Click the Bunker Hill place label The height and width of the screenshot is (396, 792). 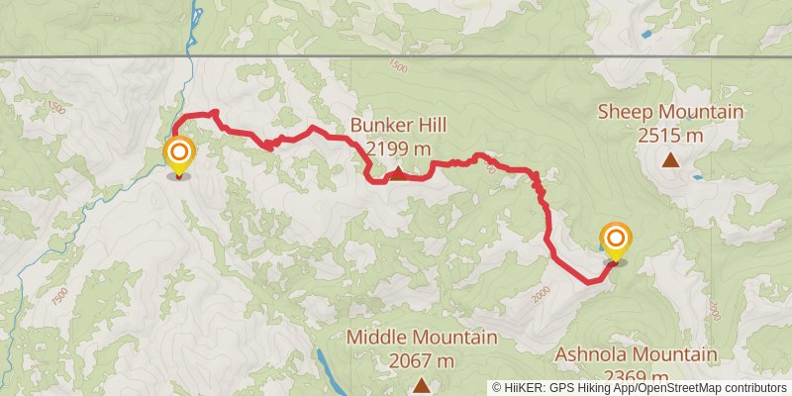[398, 126]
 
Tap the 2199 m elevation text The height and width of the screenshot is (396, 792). [398, 148]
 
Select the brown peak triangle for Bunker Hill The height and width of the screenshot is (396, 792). [397, 174]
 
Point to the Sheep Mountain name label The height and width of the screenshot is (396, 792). [670, 112]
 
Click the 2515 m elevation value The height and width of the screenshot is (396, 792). [670, 135]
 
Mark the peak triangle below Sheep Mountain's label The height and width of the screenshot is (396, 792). [671, 159]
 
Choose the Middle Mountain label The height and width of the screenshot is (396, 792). [421, 338]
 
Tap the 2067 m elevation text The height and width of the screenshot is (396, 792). [421, 360]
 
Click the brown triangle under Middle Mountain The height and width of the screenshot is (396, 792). [422, 384]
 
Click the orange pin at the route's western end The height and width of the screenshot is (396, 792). [179, 154]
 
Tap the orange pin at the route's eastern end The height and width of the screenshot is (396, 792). [616, 240]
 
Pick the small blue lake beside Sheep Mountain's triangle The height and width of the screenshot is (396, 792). [699, 178]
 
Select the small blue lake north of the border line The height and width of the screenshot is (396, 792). [646, 34]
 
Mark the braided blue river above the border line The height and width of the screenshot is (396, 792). [196, 25]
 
